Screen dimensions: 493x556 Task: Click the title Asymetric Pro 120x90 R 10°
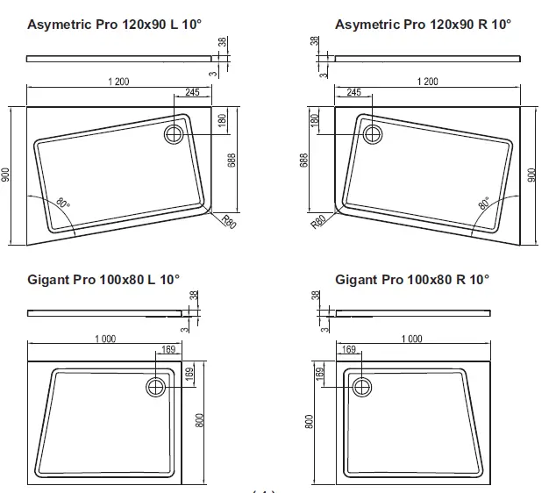click(x=424, y=24)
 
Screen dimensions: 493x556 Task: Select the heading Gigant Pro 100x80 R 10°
click(x=412, y=279)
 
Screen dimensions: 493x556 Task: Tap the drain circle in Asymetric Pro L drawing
click(x=174, y=133)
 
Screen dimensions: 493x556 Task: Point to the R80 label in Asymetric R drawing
click(x=320, y=224)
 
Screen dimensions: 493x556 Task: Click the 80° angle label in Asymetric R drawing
click(x=483, y=204)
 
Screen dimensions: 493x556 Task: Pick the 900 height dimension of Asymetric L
click(x=7, y=175)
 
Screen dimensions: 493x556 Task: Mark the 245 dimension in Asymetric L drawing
click(x=193, y=92)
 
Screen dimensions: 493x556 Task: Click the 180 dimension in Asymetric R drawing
click(x=315, y=120)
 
